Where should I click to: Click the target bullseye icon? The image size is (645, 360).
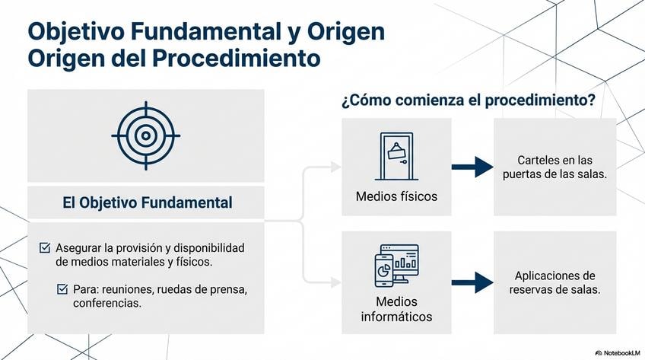(x=145, y=136)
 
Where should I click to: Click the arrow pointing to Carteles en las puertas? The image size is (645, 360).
(x=472, y=166)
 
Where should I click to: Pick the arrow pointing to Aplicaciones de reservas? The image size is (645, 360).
(x=472, y=282)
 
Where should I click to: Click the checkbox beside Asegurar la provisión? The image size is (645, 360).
(x=45, y=248)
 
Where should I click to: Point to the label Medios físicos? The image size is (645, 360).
(x=396, y=196)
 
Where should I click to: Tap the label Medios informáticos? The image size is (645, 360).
(x=396, y=308)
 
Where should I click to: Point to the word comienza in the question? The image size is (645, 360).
(x=432, y=100)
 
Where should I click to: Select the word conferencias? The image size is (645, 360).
(x=108, y=303)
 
